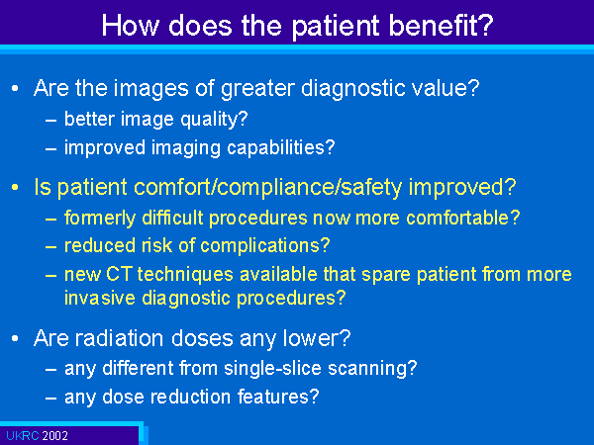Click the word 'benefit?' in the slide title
441,26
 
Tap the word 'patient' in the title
337,27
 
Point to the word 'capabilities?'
281,148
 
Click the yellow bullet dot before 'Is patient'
15,187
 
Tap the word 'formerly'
100,219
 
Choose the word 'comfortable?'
463,218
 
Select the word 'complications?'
264,246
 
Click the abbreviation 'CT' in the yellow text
119,274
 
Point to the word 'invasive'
100,298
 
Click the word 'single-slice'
273,369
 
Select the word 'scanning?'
372,369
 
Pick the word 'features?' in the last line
278,397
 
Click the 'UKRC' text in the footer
23,436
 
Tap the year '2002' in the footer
54,436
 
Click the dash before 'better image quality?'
50,121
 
